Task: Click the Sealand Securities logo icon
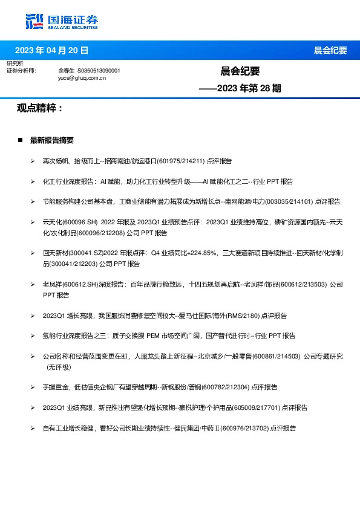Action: [x=34, y=21]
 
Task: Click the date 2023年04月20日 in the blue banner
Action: [x=51, y=50]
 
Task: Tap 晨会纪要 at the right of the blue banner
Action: [x=330, y=51]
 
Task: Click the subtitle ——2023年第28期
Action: [x=240, y=88]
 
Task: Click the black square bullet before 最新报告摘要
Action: [x=21, y=140]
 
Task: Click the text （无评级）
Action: [x=59, y=366]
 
